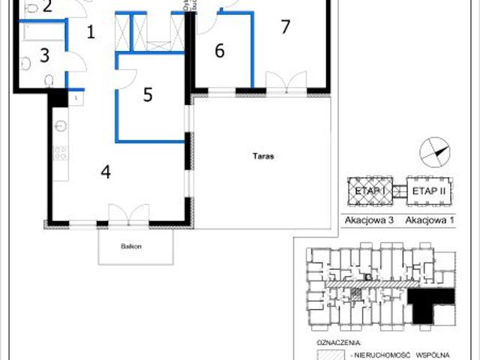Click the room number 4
tap(106, 172)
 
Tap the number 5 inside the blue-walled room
tap(148, 94)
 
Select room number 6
tap(219, 51)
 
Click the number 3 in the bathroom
tap(44, 55)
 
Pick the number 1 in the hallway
tap(91, 32)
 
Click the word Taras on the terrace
tap(262, 157)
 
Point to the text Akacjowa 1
tap(430, 220)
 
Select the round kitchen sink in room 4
tap(61, 125)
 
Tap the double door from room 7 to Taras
tap(286, 82)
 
